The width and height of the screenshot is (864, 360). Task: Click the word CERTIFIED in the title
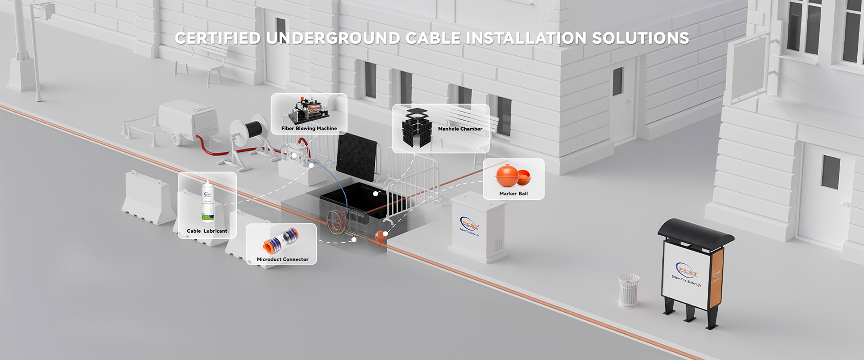tap(218, 38)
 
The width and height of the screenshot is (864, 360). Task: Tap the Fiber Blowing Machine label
tap(309, 129)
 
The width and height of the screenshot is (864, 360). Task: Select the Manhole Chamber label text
tap(460, 129)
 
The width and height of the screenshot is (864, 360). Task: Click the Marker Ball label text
tap(513, 193)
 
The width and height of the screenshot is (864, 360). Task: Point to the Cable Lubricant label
tap(207, 231)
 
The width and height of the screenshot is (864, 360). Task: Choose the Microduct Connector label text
tap(283, 259)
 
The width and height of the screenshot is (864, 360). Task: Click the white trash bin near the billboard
tap(628, 291)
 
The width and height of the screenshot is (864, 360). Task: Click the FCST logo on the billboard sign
tap(687, 270)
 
